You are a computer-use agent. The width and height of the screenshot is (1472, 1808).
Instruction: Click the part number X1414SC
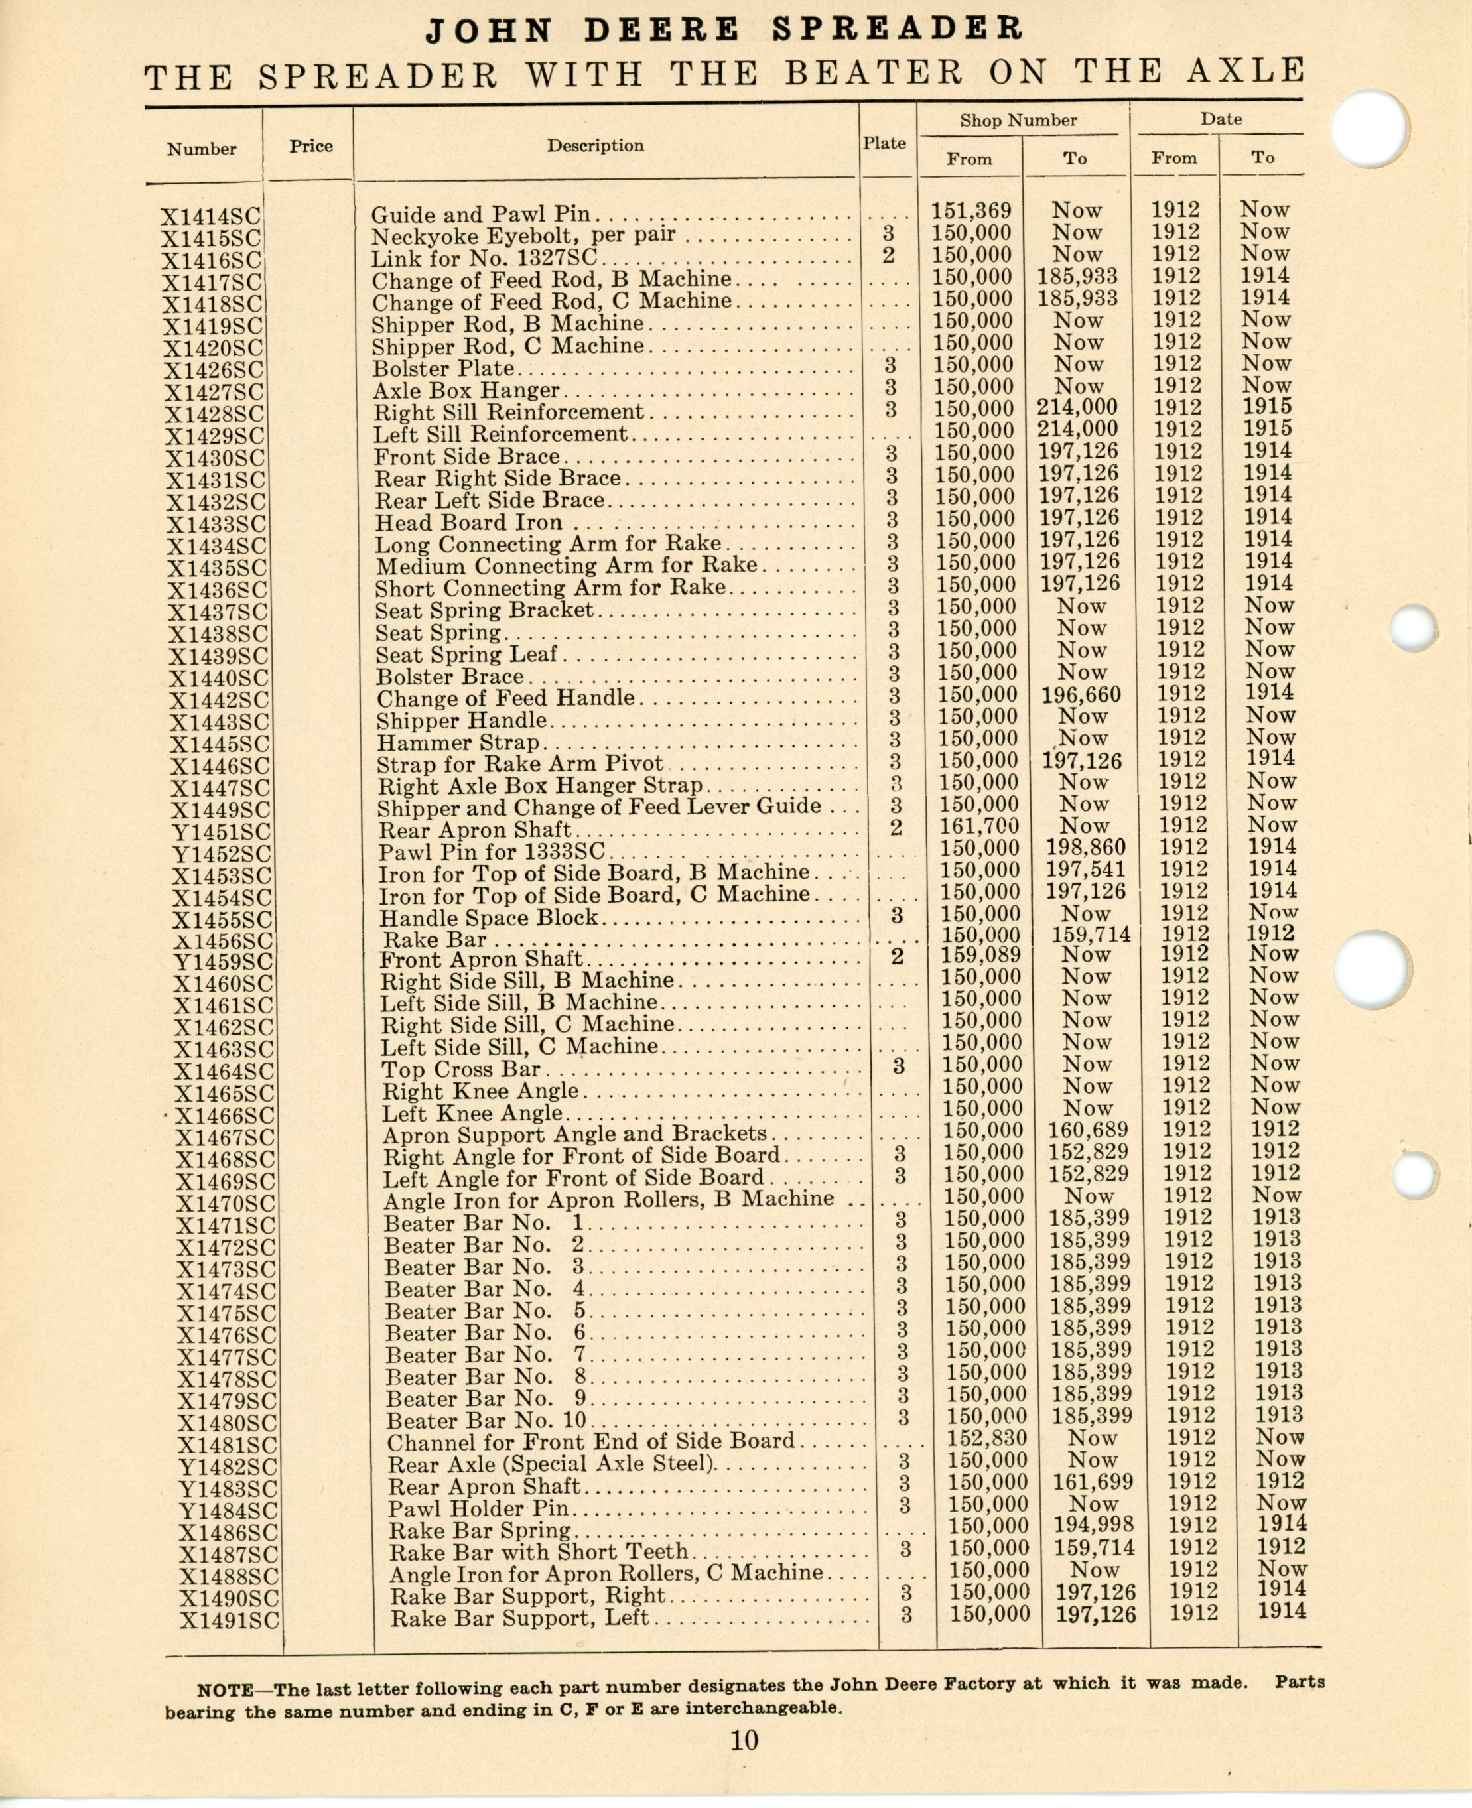211,217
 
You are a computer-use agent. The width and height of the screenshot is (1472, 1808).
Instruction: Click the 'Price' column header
310,146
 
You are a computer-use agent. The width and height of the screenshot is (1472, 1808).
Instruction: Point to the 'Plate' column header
884,143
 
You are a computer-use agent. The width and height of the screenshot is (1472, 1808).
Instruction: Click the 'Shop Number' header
1018,120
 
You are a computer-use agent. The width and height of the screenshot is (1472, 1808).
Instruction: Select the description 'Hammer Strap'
458,743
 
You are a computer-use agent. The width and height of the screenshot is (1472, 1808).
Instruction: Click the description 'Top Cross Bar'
460,1069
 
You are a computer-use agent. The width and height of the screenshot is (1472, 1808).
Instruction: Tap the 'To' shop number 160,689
1089,1130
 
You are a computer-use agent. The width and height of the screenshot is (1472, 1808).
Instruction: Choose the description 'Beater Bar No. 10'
486,1421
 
